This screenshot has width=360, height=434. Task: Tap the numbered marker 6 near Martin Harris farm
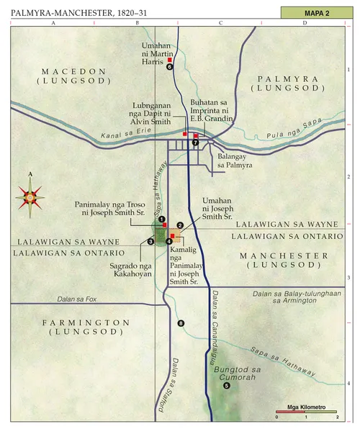tap(170, 67)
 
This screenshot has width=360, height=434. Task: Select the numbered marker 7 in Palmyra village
tap(195, 143)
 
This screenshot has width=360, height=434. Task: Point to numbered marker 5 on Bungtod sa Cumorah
tap(227, 386)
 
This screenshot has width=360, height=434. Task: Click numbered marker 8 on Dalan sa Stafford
tap(181, 323)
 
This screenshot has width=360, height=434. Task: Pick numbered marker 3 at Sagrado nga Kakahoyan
tap(150, 241)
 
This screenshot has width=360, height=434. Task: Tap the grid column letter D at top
tap(305, 24)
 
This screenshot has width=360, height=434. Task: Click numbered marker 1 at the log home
tap(162, 219)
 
